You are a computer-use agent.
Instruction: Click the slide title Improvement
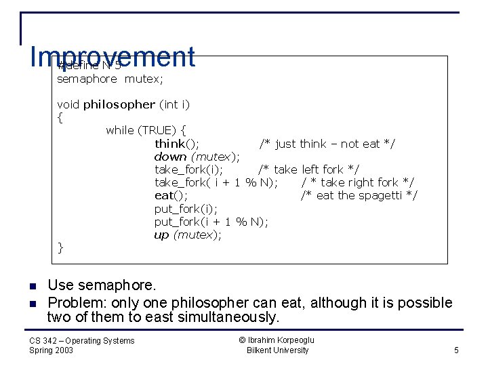pos(113,57)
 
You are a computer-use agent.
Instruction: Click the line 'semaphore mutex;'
pos(110,79)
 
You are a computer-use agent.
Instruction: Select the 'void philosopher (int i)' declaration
pos(123,104)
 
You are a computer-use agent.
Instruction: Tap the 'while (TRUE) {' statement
pos(146,130)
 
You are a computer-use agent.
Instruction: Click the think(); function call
pos(176,144)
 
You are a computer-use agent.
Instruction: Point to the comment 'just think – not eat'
pos(327,144)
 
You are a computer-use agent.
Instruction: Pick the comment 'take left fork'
pos(308,169)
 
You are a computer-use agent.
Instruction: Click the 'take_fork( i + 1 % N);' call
pos(216,182)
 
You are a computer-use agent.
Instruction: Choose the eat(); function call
pos(171,196)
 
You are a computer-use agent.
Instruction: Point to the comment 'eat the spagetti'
pos(359,196)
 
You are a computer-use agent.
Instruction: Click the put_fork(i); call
pos(186,209)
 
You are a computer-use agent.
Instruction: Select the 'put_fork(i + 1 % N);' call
pos(211,222)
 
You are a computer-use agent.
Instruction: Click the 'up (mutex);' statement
pos(188,235)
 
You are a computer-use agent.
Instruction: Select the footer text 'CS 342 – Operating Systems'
pos(81,340)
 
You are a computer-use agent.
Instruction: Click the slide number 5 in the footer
pos(456,350)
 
